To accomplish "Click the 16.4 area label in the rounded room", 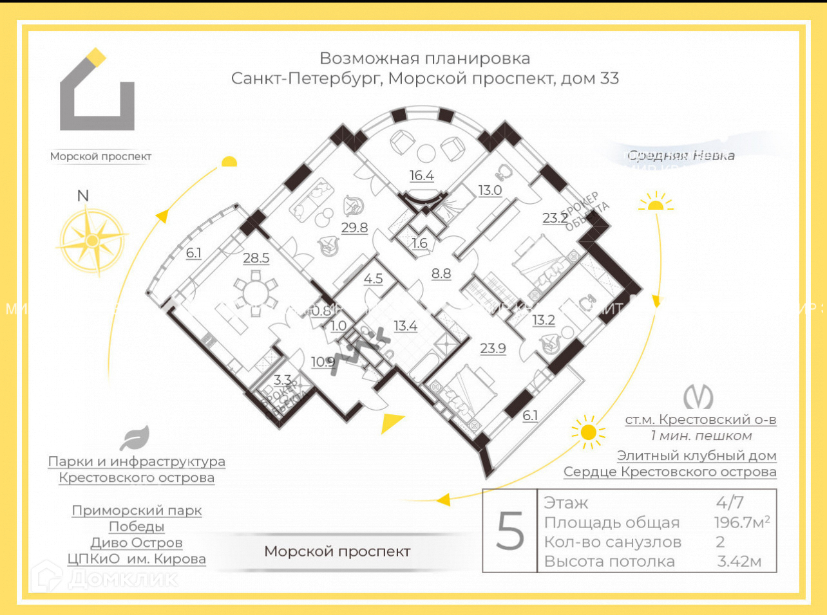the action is pos(422,176).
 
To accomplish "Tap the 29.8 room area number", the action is pos(354,227).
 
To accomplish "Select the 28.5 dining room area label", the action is pos(256,258).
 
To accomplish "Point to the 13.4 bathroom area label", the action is pos(405,326).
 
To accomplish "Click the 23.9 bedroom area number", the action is pos(493,348).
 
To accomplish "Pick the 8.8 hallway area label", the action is pos(441,273).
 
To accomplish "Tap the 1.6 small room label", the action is pos(419,243).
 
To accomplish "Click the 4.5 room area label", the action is pos(373,279).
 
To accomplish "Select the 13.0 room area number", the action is pos(490,190).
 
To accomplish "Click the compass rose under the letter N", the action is pos(91,241).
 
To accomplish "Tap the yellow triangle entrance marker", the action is pos(390,423).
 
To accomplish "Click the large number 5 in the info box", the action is pos(510,531).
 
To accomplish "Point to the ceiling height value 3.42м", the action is pos(739,561).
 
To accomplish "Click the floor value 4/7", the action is pos(730,502).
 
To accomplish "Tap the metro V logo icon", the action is pos(699,396).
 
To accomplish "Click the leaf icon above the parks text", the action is pos(135,438).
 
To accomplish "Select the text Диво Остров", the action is pos(137,542).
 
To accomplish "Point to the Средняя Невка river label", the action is pos(681,155).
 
